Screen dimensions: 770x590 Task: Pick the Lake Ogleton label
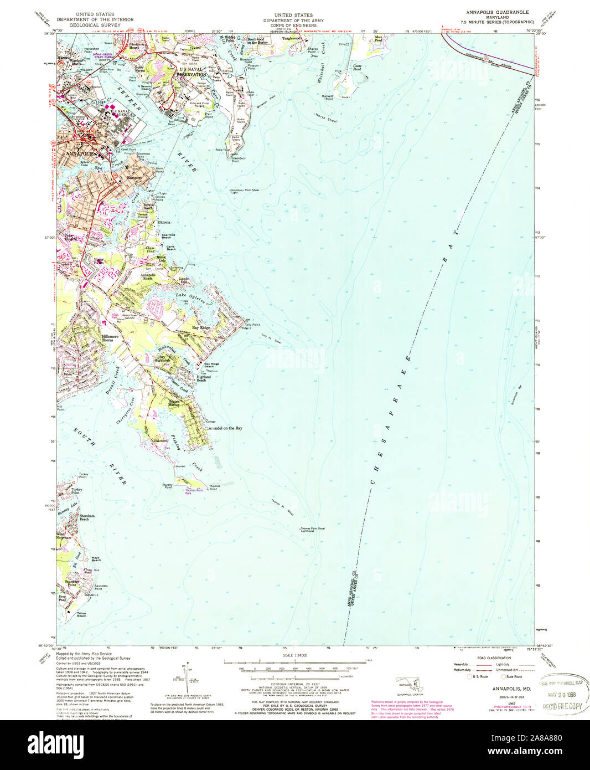point(192,299)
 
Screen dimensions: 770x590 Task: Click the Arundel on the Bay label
point(225,428)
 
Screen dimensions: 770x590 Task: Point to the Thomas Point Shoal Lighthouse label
point(313,530)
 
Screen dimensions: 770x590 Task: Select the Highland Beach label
point(201,379)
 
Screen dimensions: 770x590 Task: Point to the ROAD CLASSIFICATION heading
point(489,658)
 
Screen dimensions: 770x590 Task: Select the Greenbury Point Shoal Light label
point(245,191)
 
